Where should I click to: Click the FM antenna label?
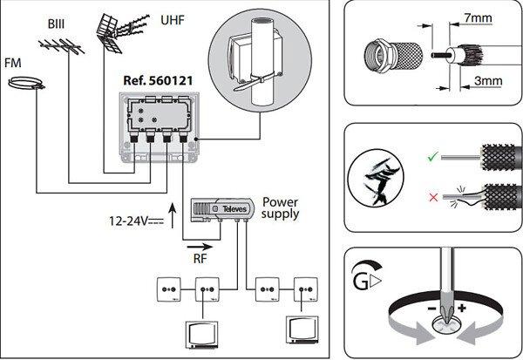click(x=13, y=64)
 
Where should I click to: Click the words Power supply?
click(x=281, y=205)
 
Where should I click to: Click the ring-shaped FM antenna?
click(x=25, y=85)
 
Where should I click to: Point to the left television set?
click(x=202, y=333)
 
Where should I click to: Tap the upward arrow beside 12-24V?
click(x=171, y=210)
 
